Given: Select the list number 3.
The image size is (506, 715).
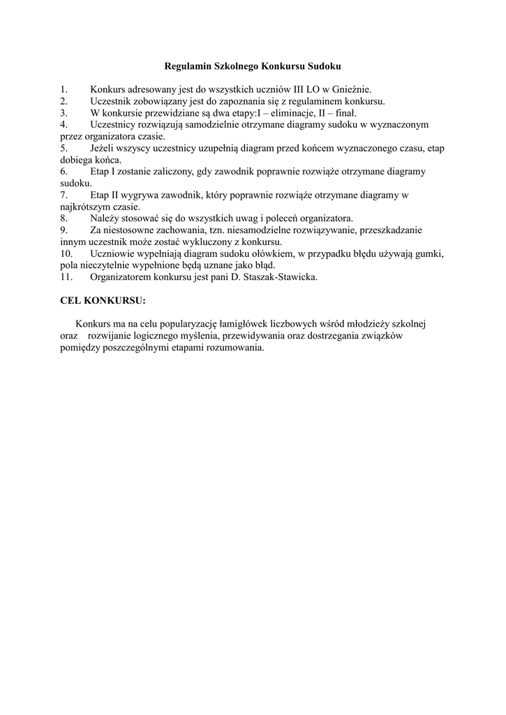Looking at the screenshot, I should (x=64, y=112).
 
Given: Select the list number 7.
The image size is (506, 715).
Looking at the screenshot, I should (x=64, y=195).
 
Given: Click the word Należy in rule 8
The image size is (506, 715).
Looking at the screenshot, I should (x=105, y=218).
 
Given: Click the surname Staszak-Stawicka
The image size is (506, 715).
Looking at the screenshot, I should (x=277, y=277).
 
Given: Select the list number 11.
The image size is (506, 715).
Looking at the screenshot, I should (x=66, y=277).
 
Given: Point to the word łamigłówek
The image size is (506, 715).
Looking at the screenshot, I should (x=269, y=325).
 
